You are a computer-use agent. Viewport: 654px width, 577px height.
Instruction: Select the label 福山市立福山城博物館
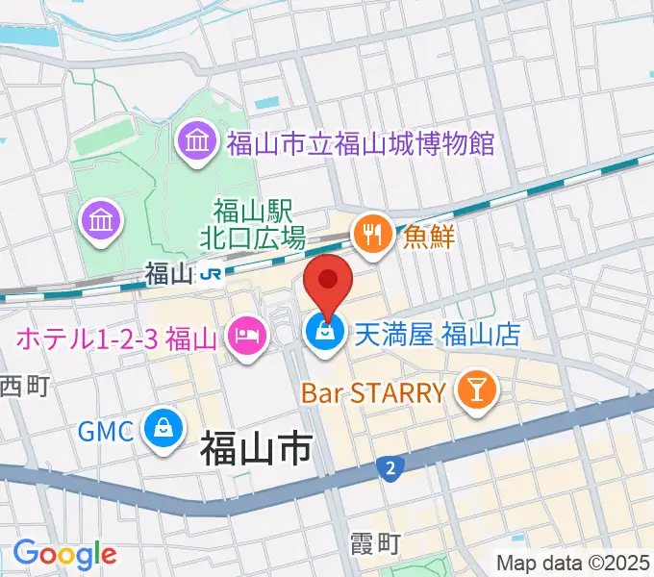(361, 145)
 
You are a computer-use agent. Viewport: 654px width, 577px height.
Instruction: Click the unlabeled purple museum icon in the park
(102, 221)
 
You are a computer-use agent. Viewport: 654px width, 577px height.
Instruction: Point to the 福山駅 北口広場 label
(259, 222)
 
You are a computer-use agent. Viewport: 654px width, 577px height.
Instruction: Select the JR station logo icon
(212, 275)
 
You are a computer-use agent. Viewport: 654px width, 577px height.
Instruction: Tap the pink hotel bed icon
(245, 337)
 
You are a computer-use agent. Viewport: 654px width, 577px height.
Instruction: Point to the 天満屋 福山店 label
(438, 335)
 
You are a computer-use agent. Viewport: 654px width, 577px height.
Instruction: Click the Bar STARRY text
(373, 392)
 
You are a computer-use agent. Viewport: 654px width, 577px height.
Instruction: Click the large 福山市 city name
(256, 449)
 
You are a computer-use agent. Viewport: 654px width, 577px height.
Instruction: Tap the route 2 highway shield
(390, 468)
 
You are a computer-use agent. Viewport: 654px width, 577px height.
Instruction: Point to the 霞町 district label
(375, 545)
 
